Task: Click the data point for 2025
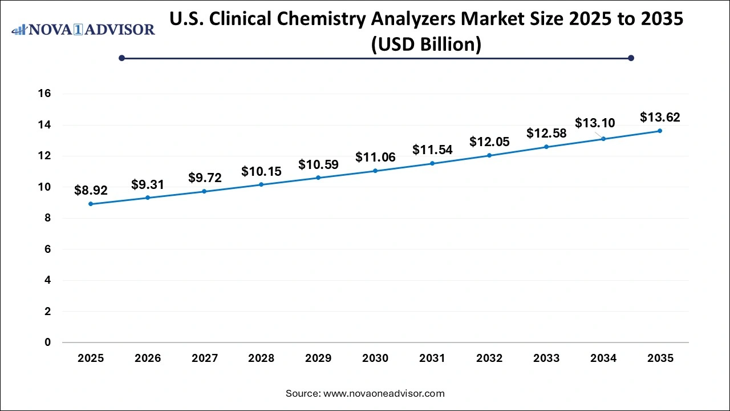point(91,204)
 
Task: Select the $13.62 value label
point(660,118)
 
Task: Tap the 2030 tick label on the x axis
point(375,358)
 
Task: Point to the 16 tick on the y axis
point(44,94)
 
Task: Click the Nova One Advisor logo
point(83,29)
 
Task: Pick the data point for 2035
point(660,131)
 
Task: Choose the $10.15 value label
point(261,171)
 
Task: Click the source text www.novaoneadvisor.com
point(365,393)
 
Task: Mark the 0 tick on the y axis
point(48,342)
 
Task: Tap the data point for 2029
point(318,178)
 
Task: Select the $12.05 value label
point(489,142)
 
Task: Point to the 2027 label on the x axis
point(204,358)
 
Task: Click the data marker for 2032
point(489,155)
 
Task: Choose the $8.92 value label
point(91,191)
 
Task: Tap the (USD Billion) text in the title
point(426,45)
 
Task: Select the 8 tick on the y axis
point(48,218)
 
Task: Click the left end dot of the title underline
point(121,58)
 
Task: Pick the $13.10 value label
point(595,123)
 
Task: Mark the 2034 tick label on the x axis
point(603,358)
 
